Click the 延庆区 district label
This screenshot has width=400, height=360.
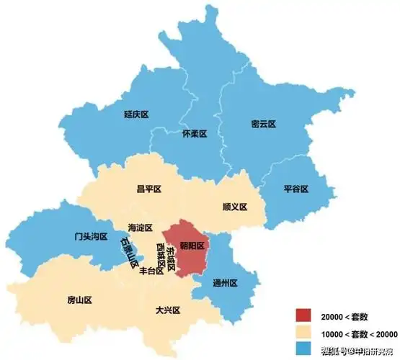(x=135, y=114)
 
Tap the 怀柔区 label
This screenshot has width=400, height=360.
(x=195, y=134)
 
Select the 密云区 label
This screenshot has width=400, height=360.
(x=264, y=124)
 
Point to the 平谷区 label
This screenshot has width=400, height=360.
(x=295, y=189)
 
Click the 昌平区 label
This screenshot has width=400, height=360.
(x=148, y=189)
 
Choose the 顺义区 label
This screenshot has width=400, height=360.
(x=235, y=207)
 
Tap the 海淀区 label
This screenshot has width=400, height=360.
(x=140, y=228)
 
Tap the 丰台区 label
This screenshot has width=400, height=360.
(x=151, y=271)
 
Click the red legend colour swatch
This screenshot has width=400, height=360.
(x=303, y=316)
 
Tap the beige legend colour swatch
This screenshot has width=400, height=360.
(x=303, y=333)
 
